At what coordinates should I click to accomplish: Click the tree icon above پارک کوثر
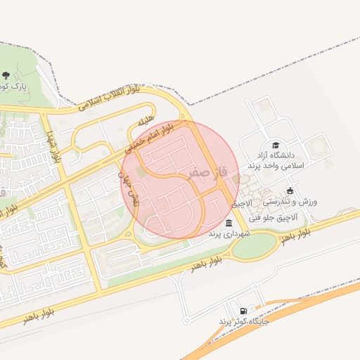point(6,75)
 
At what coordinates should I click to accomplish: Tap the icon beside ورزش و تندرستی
point(290,191)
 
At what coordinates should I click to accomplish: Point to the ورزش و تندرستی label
point(290,201)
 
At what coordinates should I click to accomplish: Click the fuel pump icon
point(243,311)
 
